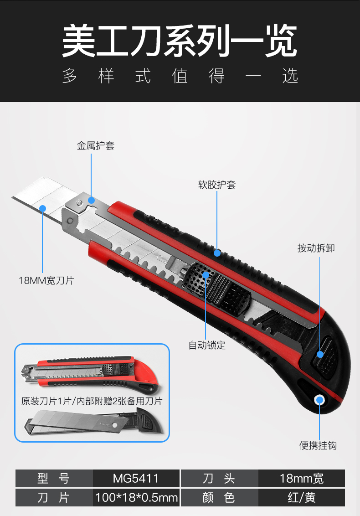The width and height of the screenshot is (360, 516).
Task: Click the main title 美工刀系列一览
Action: click(180, 41)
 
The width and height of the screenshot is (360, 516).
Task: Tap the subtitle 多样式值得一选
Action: click(180, 76)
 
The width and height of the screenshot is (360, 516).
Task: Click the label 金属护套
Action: click(95, 145)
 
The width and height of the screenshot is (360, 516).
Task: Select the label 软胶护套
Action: click(217, 185)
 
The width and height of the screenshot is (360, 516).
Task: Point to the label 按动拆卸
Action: click(316, 248)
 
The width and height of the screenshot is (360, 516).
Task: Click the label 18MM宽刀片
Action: click(46, 280)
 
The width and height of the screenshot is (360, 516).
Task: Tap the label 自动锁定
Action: click(207, 345)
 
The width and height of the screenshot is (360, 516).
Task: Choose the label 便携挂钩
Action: click(318, 445)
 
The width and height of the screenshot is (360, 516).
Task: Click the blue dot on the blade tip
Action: click(42, 208)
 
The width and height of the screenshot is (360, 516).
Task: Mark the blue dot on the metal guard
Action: click(91, 200)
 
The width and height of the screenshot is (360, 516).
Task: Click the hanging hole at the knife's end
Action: click(319, 400)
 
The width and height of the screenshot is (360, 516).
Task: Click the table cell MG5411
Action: click(136, 478)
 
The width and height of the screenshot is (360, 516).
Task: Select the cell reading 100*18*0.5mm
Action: click(136, 497)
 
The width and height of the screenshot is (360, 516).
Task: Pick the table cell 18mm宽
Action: click(301, 478)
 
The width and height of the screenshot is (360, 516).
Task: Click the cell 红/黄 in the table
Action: click(301, 497)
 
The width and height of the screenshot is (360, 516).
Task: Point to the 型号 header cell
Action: click(54, 478)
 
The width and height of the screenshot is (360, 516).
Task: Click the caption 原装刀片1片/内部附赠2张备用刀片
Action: click(92, 401)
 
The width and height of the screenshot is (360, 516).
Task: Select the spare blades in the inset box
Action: click(77, 423)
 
